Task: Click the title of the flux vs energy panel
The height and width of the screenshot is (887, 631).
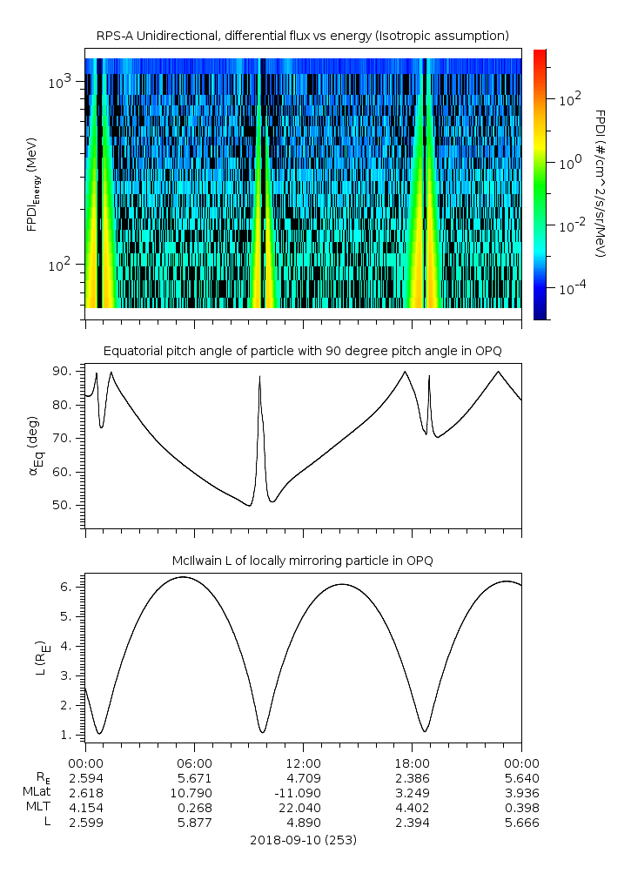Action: [302, 36]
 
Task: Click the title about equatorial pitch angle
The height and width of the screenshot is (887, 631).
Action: [302, 351]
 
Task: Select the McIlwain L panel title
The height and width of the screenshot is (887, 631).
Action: [302, 561]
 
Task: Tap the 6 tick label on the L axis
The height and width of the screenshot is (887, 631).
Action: [75, 587]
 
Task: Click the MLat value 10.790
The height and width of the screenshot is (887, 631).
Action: [194, 792]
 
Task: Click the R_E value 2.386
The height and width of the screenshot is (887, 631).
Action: [412, 777]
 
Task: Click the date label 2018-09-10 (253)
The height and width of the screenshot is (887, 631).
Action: [303, 840]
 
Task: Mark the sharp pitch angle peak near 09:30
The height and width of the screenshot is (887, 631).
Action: [259, 377]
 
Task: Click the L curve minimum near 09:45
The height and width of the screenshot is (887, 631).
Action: [263, 731]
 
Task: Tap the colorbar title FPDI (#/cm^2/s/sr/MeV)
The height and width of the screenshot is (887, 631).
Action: [600, 184]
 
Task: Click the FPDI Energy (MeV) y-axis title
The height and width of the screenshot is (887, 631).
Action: [33, 184]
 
